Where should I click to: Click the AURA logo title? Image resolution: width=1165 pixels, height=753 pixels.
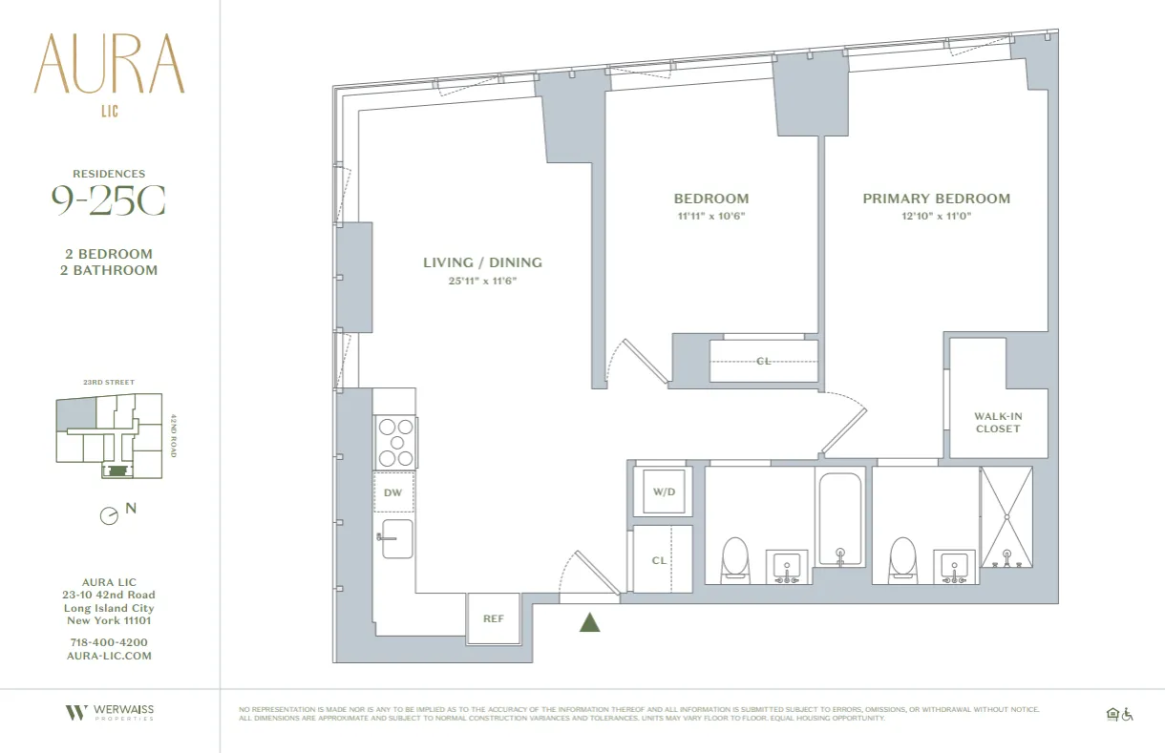[x=109, y=64]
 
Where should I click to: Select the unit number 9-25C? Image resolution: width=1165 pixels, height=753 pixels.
[x=108, y=200]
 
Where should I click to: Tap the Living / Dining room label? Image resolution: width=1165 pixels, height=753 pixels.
[x=482, y=262]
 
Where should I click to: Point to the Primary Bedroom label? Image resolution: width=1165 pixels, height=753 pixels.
[x=936, y=199]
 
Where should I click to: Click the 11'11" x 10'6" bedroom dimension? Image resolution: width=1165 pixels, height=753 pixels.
[x=710, y=216]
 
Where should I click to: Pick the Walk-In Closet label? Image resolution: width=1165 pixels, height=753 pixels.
[x=997, y=422]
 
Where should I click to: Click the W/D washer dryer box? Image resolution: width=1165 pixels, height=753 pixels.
[x=663, y=492]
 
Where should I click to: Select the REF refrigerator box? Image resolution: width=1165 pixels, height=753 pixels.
[x=493, y=618]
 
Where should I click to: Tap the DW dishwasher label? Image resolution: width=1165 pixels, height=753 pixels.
[x=392, y=493]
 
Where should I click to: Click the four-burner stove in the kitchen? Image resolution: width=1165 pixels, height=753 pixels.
[x=395, y=442]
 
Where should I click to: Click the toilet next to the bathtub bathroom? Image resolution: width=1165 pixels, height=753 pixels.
[x=734, y=558]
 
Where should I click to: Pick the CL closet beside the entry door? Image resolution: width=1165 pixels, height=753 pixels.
[x=659, y=560]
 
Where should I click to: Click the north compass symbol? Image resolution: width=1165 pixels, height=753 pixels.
[x=110, y=515]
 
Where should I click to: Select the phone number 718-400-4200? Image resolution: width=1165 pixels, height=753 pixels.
[x=109, y=642]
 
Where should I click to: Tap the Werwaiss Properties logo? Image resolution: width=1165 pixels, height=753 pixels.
[x=109, y=712]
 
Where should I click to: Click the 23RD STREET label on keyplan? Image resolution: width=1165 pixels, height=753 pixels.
[x=109, y=383]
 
